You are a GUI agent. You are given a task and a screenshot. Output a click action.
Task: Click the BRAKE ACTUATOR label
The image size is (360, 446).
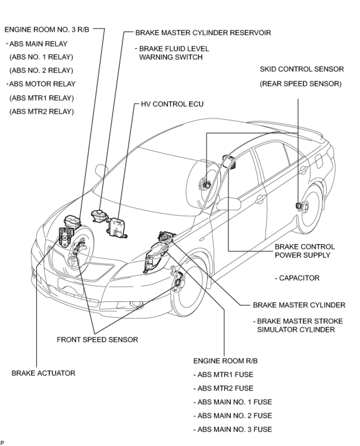43,373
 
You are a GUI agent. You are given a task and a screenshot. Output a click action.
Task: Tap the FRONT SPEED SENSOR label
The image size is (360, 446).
97,339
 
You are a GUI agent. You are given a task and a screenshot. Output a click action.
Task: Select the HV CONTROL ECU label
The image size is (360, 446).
172,104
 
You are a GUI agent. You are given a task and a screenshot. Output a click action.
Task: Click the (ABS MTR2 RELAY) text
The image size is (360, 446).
42,112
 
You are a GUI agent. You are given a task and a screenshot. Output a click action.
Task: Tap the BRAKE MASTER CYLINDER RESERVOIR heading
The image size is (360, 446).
203,32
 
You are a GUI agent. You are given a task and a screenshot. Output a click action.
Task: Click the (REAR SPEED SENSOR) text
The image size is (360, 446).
300,84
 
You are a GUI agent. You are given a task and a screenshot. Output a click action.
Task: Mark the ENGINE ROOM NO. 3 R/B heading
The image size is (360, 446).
47,30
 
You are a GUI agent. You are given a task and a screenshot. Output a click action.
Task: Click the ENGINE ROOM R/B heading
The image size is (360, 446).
226,361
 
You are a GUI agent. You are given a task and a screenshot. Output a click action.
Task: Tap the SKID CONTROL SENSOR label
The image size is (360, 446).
302,69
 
